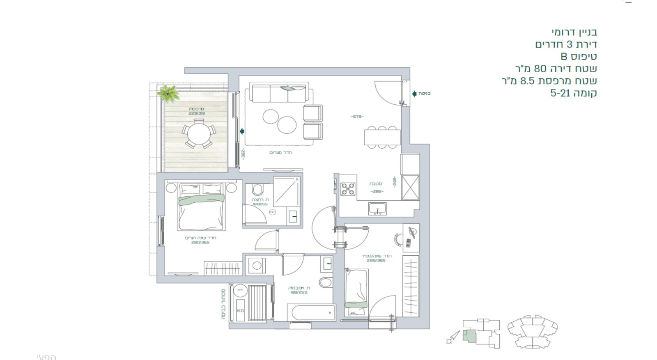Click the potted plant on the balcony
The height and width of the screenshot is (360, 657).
pos(169,94)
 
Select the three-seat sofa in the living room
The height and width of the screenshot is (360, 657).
pos(279,94)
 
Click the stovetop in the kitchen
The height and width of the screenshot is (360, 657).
pos(348,189)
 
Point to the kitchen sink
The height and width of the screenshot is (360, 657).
pos(377,209)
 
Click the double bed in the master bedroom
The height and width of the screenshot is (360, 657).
pos(201,207)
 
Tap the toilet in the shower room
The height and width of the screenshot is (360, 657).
pos(257,190)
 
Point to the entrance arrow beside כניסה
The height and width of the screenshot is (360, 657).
pos(414,94)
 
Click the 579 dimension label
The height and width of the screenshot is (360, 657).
pos(357,117)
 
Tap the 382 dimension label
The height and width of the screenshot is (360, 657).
pos(243,154)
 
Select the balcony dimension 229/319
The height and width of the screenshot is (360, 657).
pos(197,113)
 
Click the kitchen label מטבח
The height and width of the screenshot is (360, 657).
pos(376,184)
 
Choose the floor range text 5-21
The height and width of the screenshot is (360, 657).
pos(560,93)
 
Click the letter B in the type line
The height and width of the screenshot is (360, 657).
pos(564,56)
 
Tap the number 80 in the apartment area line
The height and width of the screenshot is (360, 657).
pos(540,69)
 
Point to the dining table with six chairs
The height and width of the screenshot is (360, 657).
pos(382,137)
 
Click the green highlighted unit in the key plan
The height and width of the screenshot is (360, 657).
pos(469,335)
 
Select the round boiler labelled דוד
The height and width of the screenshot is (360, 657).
pos(240,290)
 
